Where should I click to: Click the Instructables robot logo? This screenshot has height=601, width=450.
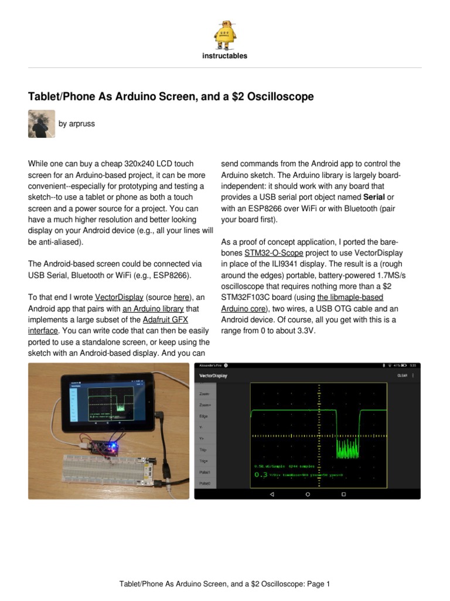[225, 34]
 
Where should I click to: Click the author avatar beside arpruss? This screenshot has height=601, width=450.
[42, 123]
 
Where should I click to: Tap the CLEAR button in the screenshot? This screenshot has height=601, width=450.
[403, 376]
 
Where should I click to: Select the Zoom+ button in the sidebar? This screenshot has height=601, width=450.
[205, 406]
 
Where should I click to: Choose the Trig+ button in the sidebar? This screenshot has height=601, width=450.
[204, 462]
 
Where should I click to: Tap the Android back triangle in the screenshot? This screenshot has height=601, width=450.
[271, 494]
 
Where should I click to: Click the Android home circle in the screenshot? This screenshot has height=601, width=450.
[308, 494]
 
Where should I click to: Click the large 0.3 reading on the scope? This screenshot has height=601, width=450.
[261, 474]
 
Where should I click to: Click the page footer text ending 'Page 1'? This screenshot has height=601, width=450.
[225, 584]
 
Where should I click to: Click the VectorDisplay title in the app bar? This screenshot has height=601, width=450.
[213, 376]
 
